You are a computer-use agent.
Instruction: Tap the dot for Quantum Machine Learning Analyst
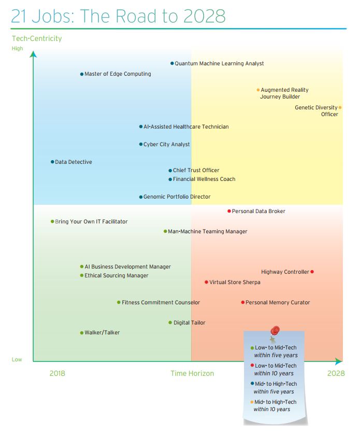pyautogui.click(x=172, y=63)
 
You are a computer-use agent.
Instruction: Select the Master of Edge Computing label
pyautogui.click(x=118, y=74)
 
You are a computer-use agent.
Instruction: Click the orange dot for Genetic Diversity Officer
pyautogui.click(x=340, y=108)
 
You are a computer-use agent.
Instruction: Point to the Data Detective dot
pyautogui.click(x=52, y=162)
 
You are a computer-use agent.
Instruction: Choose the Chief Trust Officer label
pyautogui.click(x=196, y=170)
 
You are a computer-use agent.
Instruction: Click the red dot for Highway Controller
pyautogui.click(x=312, y=272)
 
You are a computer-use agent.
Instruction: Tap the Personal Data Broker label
pyautogui.click(x=258, y=211)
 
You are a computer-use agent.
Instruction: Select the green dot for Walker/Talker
pyautogui.click(x=82, y=333)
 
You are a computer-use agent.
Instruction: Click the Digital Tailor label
pyautogui.click(x=189, y=322)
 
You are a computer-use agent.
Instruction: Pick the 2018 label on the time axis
pyautogui.click(x=57, y=373)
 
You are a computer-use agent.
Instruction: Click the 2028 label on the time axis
pyautogui.click(x=336, y=373)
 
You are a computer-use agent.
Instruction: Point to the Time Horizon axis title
pyautogui.click(x=192, y=373)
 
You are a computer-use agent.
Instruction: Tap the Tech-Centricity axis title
pyautogui.click(x=36, y=38)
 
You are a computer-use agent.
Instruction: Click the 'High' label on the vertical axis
pyautogui.click(x=17, y=49)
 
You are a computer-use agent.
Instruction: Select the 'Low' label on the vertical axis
pyautogui.click(x=17, y=359)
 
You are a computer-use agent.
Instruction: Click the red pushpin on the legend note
pyautogui.click(x=275, y=330)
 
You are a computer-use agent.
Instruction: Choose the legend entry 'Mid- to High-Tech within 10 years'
pyautogui.click(x=275, y=405)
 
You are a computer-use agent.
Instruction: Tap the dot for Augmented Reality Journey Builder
pyautogui.click(x=258, y=90)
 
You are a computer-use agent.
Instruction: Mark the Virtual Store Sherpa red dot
pyautogui.click(x=206, y=282)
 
